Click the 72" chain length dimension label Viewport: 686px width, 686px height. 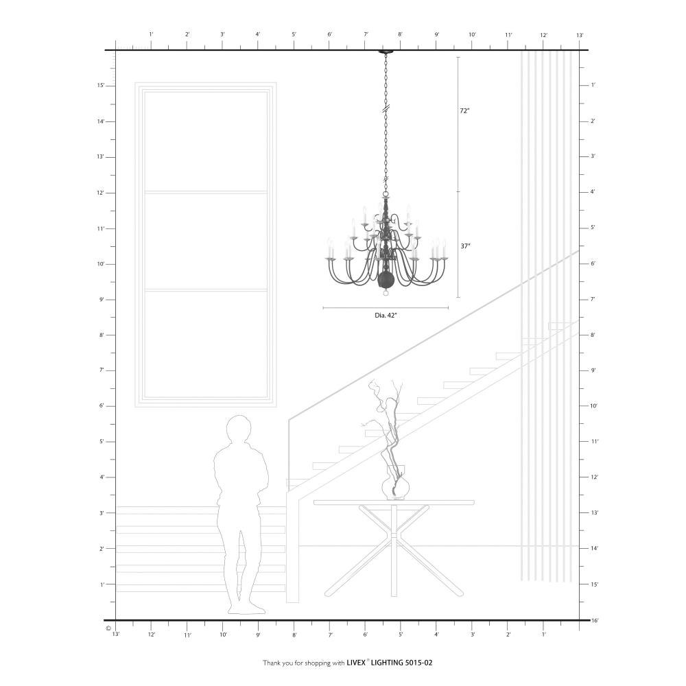464,111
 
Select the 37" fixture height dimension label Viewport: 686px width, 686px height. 465,246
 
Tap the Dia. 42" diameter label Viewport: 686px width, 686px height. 386,315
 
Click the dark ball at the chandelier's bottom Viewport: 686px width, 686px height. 386,279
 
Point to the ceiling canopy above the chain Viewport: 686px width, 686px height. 386,52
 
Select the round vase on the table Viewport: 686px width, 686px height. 395,487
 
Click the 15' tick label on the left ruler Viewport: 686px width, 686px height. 101,86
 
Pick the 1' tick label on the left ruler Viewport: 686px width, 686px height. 102,584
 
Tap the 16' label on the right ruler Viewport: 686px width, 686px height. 594,620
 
